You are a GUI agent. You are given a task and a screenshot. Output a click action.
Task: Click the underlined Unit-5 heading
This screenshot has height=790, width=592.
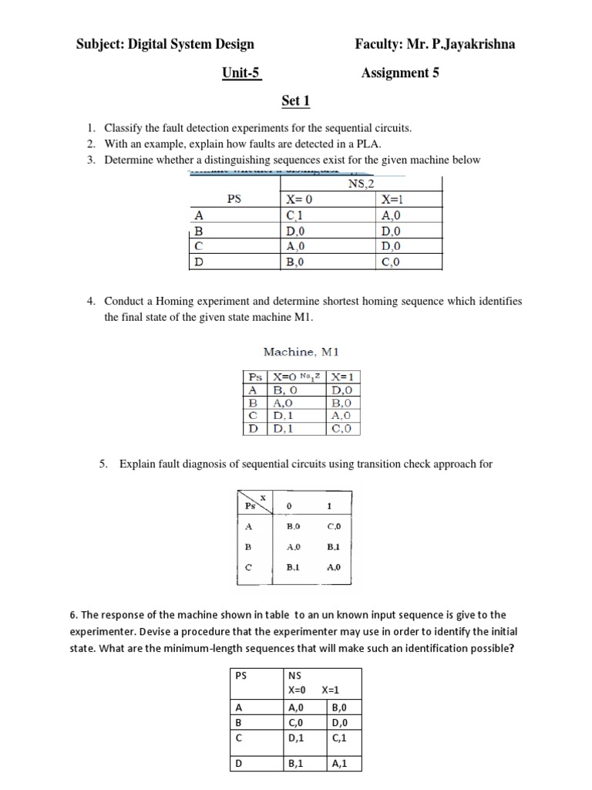pos(241,73)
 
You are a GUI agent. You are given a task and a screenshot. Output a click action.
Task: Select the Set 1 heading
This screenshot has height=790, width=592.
pos(296,101)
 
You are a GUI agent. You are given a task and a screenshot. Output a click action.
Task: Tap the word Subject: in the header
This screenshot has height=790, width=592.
pos(107,45)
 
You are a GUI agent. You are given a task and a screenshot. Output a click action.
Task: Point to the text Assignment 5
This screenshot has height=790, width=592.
pos(400,73)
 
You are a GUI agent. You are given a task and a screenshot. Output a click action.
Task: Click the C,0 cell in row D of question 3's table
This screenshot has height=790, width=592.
pos(392,262)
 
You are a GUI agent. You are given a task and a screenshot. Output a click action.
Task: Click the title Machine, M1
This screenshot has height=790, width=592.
pos(301,352)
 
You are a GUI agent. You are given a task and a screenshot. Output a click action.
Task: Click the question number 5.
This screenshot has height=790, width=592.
pos(103,464)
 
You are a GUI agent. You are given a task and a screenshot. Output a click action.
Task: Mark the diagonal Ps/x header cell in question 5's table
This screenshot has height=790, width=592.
pos(253,503)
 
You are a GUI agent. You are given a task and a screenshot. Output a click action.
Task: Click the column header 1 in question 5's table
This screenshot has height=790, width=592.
pos(329,507)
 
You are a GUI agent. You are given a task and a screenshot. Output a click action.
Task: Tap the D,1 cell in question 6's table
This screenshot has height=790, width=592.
pos(296,738)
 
